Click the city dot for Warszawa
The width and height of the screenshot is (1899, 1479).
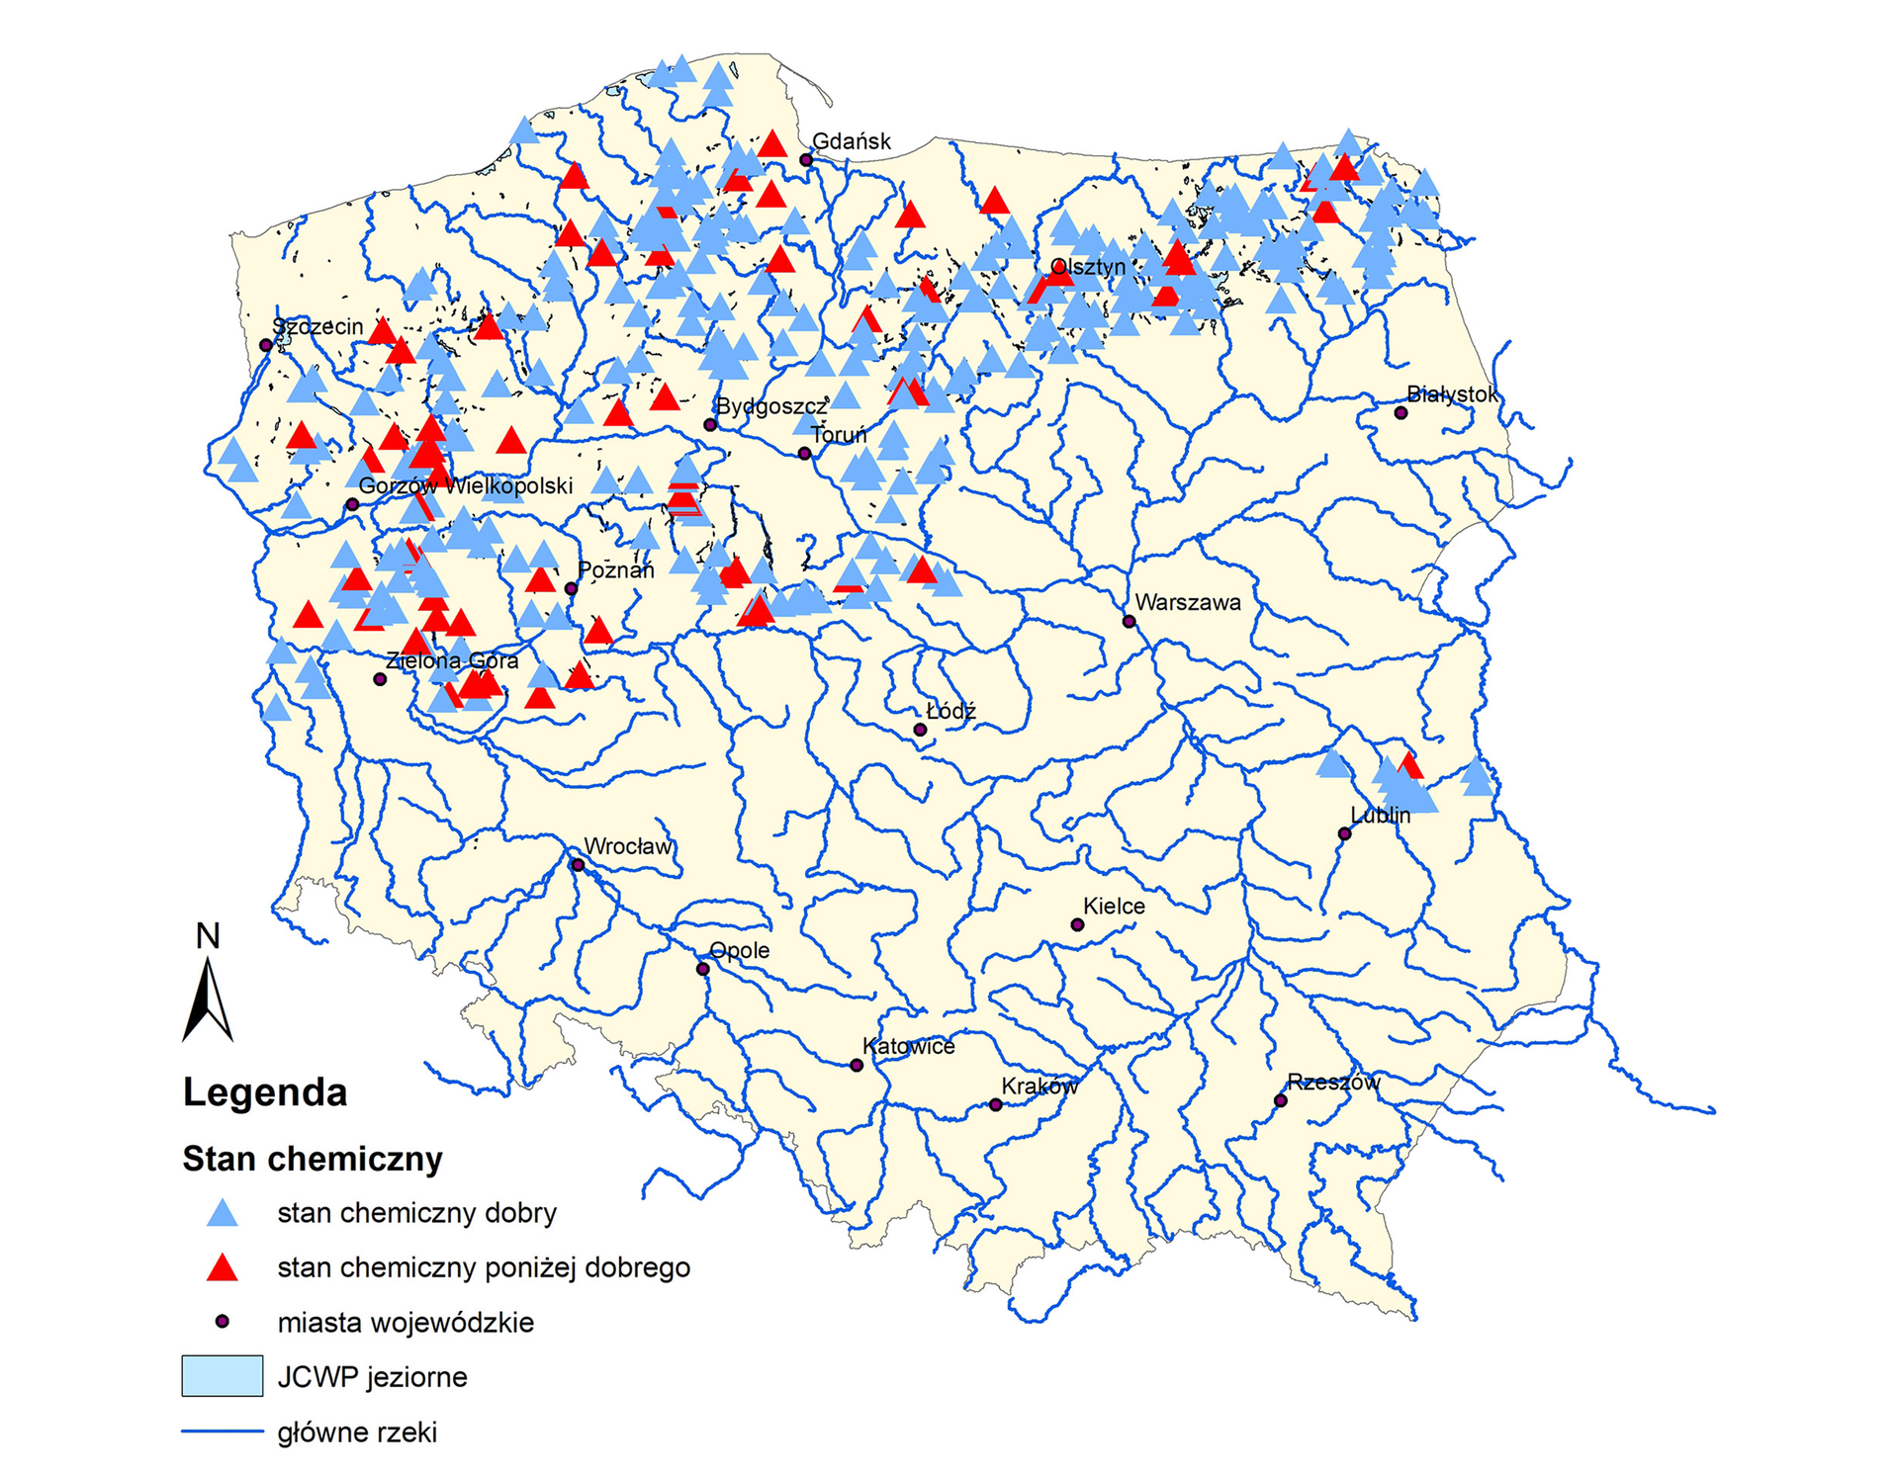1129,621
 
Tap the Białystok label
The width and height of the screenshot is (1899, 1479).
1451,394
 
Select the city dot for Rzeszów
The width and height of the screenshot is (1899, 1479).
1280,1100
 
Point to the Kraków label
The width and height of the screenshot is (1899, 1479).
1039,1086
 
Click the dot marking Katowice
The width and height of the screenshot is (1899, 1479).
857,1065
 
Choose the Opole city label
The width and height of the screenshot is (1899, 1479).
739,950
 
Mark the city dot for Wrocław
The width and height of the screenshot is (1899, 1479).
579,865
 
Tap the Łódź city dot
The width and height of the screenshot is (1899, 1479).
920,730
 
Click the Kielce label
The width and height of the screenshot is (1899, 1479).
1114,906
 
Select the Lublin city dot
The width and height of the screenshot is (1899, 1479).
1344,833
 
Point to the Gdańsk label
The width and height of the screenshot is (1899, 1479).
851,141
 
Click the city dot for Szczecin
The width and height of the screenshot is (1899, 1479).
265,345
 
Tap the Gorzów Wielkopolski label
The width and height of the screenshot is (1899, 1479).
465,485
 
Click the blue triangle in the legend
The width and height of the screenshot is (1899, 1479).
223,1214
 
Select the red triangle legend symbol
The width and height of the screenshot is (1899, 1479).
223,1268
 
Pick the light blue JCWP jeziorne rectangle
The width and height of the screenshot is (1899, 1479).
222,1376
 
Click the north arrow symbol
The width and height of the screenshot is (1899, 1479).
208,999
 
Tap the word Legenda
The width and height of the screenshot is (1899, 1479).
265,1092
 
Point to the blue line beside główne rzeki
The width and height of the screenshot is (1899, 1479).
222,1431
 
